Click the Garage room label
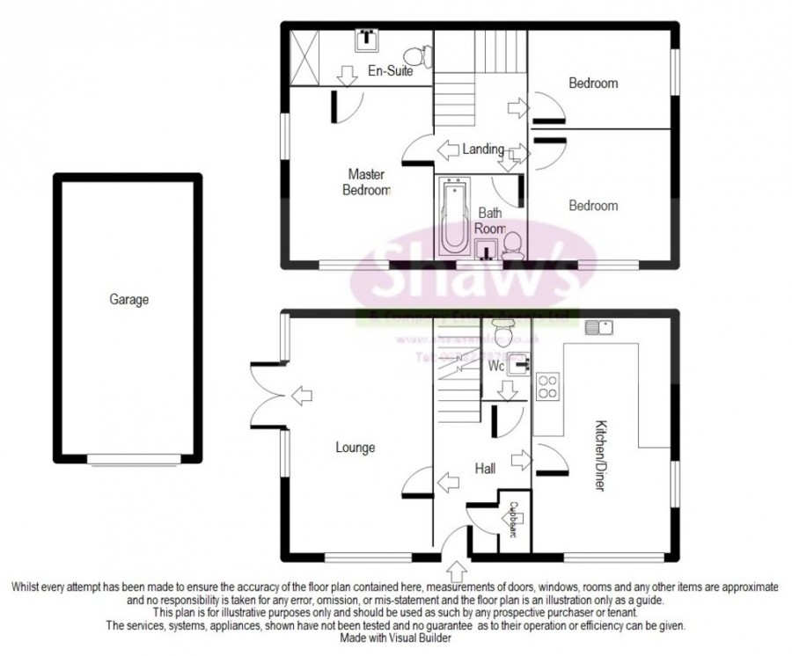pos(128,300)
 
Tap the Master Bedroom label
pos(367,182)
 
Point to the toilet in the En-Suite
pos(422,56)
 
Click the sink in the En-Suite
pos(367,39)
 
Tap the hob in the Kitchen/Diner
pos(546,387)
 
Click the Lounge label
pos(355,448)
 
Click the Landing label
pos(483,149)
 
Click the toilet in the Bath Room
pos(513,244)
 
